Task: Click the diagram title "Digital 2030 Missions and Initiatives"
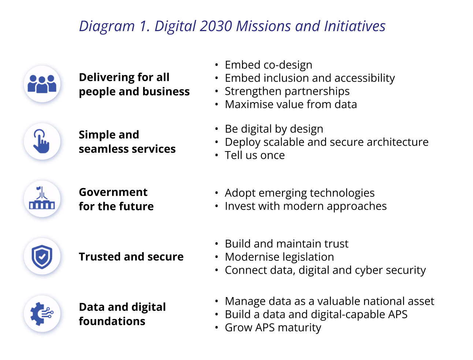(232, 26)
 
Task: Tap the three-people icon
(42, 84)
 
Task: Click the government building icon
(42, 199)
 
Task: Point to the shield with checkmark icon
(42, 256)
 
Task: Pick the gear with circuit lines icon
(42, 314)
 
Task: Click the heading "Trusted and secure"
(131, 257)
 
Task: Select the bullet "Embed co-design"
(268, 65)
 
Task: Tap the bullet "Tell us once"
(254, 155)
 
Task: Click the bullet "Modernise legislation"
(279, 257)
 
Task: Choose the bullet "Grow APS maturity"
(273, 328)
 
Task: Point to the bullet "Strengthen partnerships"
(287, 91)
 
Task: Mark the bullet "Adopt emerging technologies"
(299, 193)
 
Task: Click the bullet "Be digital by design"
(274, 129)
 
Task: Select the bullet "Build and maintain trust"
(286, 244)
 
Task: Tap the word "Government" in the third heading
(113, 192)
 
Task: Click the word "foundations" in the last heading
(112, 321)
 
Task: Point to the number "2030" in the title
(216, 26)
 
